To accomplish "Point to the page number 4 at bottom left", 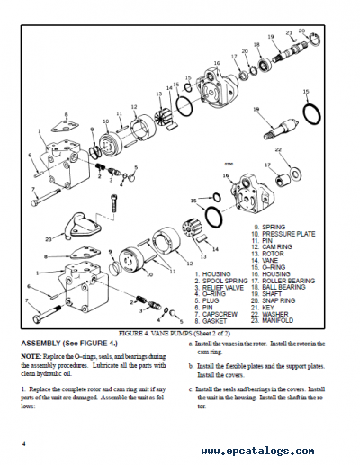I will tap(25, 443).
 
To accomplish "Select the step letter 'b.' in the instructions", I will tap(192, 366).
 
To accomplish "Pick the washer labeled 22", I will tap(292, 169).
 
